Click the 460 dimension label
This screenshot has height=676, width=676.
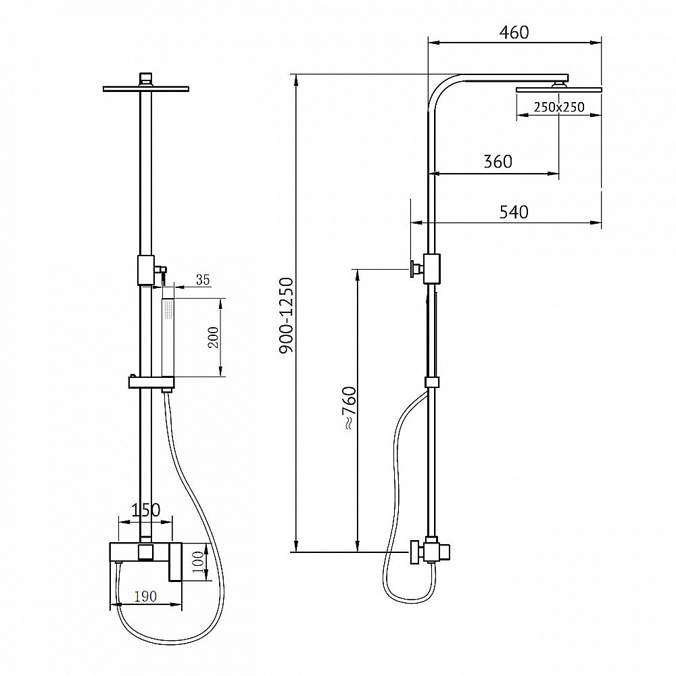514,32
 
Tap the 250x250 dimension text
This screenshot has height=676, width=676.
559,107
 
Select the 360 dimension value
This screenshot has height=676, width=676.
498,162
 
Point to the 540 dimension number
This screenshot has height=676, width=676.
514,212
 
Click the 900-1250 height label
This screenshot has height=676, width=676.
287,316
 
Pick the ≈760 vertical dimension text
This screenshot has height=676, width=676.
349,408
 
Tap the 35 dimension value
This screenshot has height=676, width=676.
203,280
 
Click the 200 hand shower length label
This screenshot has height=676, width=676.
214,337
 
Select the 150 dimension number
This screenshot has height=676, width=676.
146,510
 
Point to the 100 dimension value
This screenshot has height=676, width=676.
198,562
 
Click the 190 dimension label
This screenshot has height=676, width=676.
145,596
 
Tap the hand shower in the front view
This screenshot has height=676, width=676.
168,336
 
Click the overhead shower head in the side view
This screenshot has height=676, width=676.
559,89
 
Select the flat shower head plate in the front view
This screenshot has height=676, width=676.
146,89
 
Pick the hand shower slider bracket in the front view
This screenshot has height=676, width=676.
151,383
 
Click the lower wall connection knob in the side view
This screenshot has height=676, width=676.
415,552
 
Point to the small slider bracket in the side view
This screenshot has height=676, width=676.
431,383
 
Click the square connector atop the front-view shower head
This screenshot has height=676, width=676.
146,79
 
